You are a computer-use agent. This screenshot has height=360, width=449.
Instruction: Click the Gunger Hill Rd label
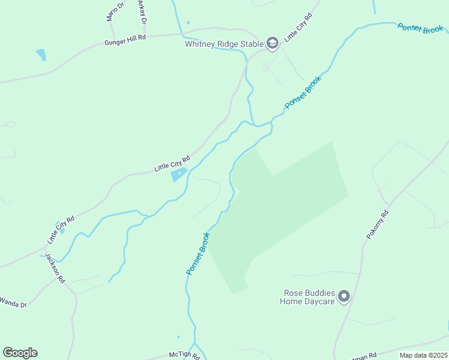point(125,39)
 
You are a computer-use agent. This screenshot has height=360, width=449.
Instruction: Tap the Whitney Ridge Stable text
point(224,44)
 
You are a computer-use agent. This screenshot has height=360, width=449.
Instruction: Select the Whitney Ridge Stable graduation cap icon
point(273,43)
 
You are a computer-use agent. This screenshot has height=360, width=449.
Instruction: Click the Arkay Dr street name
point(142,11)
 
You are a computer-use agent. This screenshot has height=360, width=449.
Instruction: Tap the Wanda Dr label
point(13,302)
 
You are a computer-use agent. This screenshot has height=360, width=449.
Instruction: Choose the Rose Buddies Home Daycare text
point(307,297)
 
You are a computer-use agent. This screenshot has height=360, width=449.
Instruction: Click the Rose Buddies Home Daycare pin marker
point(344,296)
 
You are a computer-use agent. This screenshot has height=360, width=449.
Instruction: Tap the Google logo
point(20,352)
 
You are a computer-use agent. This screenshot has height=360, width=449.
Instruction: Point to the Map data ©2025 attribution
point(423,355)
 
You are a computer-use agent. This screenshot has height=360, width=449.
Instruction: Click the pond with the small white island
point(179,175)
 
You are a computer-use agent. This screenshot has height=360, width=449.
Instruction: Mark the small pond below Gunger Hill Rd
point(41,55)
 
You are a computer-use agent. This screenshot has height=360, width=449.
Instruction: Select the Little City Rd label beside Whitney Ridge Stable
point(298,26)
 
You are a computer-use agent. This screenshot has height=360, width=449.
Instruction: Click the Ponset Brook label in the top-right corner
point(421,28)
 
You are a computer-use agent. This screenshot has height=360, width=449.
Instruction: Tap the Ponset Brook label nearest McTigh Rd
point(197,254)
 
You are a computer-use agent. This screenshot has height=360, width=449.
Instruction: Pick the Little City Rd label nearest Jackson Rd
point(61,229)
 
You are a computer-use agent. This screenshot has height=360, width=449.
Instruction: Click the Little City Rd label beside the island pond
point(172,163)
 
